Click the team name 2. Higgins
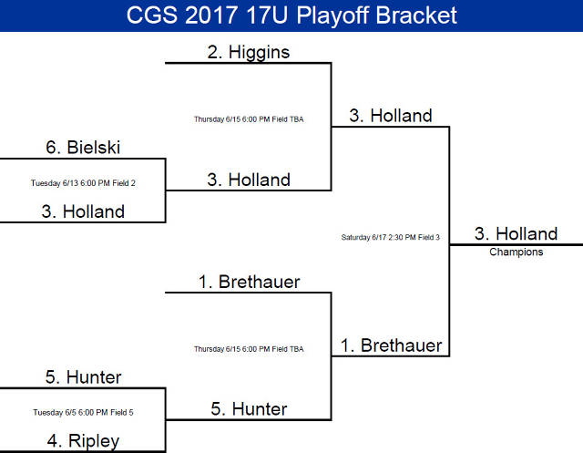248,52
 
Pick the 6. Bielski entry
83,147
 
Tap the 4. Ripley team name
83,442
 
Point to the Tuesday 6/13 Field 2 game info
83,182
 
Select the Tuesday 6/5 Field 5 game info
83,412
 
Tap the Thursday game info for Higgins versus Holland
248,118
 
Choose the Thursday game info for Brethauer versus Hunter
248,348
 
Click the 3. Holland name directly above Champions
516,234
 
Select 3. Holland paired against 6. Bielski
83,211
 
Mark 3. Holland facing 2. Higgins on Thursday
248,180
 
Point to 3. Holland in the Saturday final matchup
390,116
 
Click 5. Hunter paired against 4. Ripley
83,376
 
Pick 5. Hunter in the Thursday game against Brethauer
248,409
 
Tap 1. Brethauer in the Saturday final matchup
391,345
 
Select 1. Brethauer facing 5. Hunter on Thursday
249,282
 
